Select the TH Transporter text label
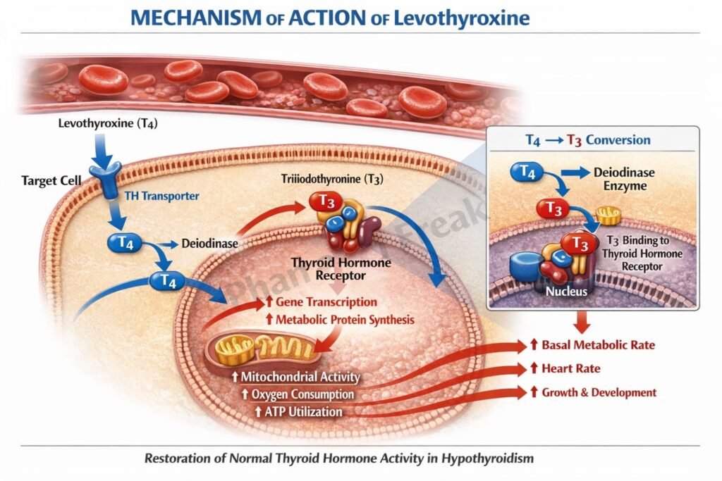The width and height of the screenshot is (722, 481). (161, 196)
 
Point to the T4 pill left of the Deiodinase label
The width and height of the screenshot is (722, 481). (124, 244)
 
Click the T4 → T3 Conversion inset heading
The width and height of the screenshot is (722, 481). (588, 139)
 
